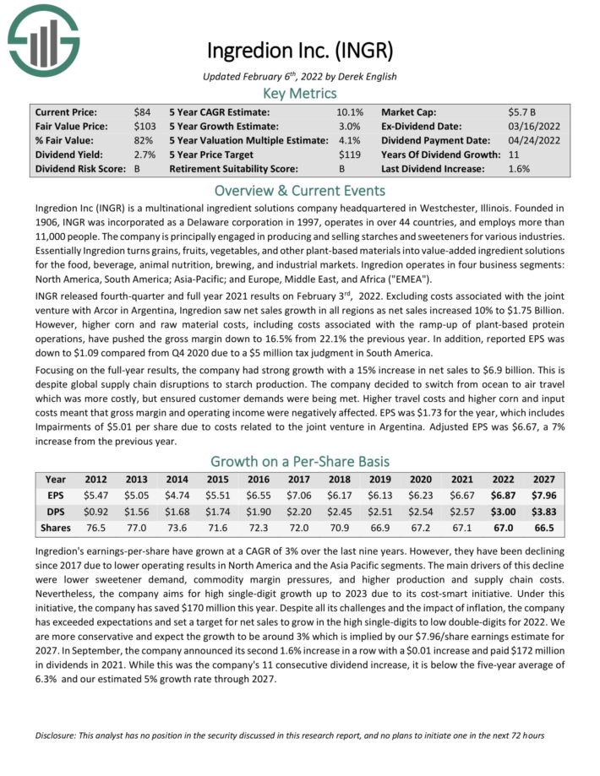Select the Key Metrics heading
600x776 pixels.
tap(300, 93)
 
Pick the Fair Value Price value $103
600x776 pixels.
tap(145, 126)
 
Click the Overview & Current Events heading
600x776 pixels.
tap(300, 189)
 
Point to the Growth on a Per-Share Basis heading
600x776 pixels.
tap(300, 461)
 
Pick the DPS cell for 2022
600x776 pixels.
tap(500, 512)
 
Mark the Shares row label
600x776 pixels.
tap(55, 528)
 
